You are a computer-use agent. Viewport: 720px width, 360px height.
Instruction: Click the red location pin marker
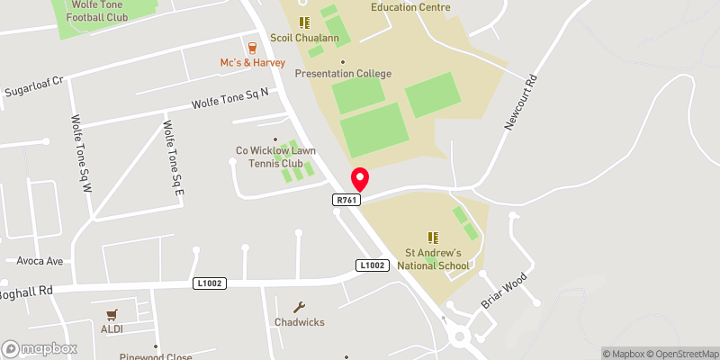(359, 178)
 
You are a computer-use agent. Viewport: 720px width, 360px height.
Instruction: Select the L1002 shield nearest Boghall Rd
(209, 283)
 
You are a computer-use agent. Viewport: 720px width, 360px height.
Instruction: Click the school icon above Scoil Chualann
(304, 22)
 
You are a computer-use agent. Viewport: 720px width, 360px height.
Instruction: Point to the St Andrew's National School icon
(434, 237)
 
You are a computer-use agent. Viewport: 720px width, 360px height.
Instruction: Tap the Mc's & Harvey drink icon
(253, 46)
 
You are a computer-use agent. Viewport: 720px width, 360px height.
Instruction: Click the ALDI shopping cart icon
(112, 315)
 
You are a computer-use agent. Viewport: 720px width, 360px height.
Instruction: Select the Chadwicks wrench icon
(301, 306)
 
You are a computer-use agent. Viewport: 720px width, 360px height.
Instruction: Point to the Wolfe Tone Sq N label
(230, 102)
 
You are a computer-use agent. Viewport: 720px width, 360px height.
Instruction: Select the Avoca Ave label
(40, 261)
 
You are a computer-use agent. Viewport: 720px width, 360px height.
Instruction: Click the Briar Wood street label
(502, 289)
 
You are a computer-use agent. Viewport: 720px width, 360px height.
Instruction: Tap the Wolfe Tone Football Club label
(95, 11)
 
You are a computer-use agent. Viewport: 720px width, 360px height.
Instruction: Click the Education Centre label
(410, 7)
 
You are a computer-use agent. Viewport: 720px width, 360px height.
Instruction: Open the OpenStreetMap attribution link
(681, 353)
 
